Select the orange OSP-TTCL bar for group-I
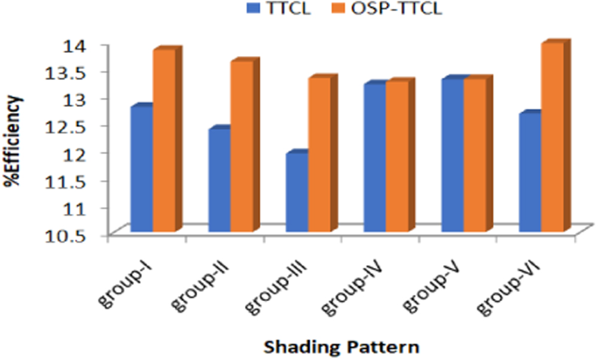(x=164, y=141)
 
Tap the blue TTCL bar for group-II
(x=219, y=181)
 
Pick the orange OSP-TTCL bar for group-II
(x=242, y=147)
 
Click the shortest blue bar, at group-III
(x=297, y=193)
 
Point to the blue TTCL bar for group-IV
(x=374, y=158)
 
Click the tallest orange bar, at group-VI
(x=553, y=138)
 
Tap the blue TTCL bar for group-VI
(x=530, y=173)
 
